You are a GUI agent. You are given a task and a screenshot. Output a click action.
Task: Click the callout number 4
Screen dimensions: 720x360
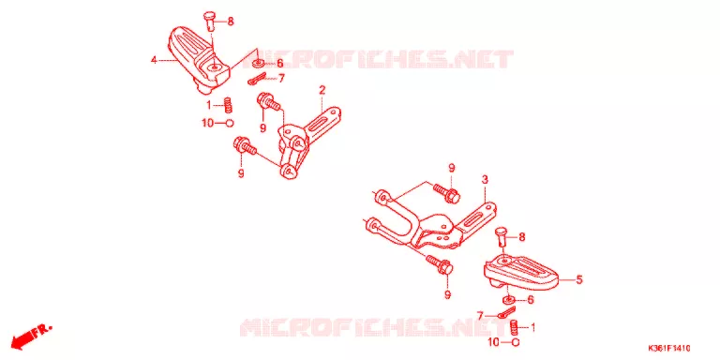[155, 60]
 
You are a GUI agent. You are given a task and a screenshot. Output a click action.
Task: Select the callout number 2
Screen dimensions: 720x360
[322, 90]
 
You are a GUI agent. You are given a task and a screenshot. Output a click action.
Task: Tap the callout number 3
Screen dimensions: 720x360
[484, 180]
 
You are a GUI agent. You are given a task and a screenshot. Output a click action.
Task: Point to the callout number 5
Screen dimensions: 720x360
[579, 279]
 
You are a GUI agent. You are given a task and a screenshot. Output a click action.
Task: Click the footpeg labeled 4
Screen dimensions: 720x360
[199, 60]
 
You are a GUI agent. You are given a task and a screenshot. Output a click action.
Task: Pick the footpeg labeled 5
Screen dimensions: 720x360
[521, 272]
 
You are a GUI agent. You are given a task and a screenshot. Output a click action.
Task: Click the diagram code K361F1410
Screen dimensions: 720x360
[669, 349]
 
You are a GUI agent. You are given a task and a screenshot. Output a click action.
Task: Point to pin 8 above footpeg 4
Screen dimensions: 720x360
[210, 21]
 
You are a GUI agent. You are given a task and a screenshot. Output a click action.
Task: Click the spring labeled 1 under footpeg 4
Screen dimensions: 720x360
[227, 105]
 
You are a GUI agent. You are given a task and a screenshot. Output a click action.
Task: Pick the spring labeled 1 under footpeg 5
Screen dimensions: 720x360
[516, 328]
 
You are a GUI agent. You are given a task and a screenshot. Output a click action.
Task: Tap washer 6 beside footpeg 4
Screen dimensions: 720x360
[260, 64]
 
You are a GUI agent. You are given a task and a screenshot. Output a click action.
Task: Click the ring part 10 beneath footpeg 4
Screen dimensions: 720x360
[229, 123]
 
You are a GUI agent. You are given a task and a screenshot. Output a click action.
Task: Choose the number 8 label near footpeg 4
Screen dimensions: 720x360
[231, 22]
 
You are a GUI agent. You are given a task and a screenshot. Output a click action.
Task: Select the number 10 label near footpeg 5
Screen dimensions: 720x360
[493, 342]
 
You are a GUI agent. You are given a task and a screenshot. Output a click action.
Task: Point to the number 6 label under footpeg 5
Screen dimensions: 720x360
[531, 300]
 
